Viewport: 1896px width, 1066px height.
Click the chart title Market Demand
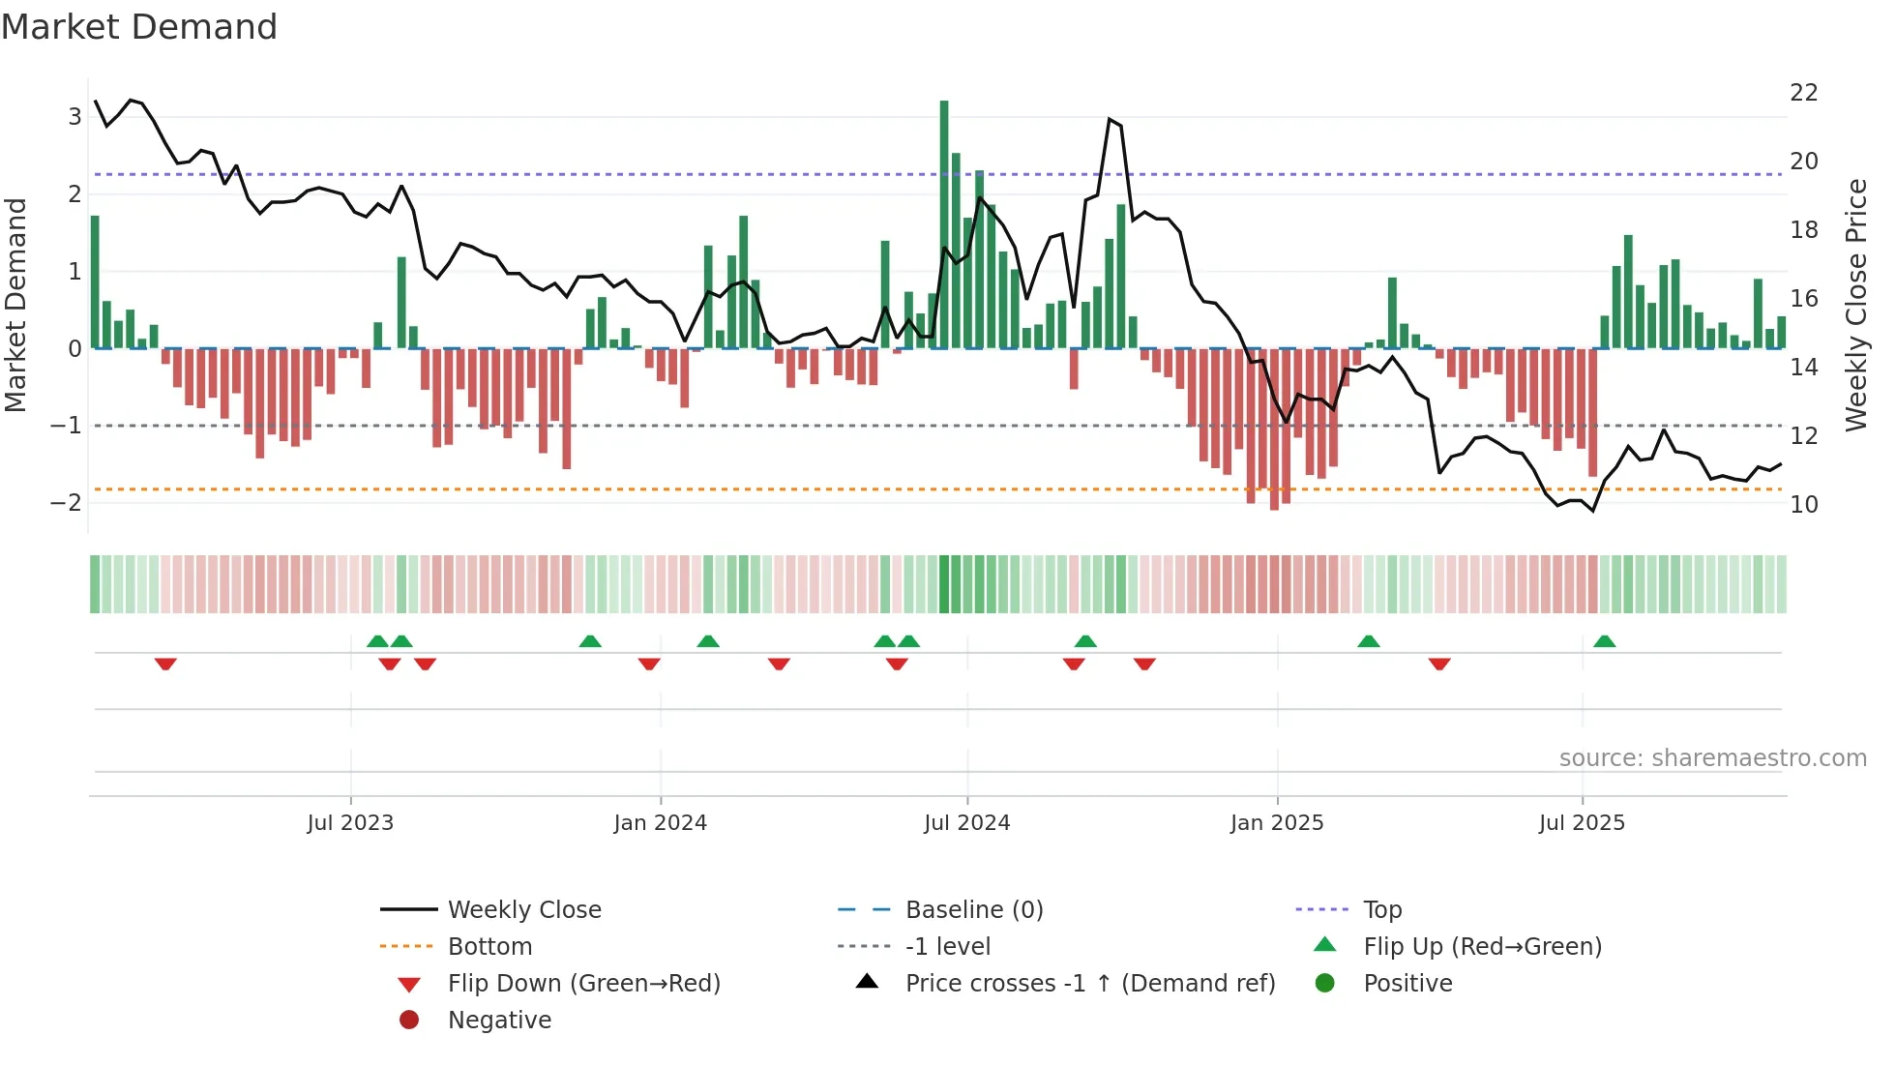click(x=139, y=27)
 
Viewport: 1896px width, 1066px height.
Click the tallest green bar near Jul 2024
click(x=944, y=224)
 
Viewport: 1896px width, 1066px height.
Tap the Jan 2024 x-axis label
click(x=660, y=823)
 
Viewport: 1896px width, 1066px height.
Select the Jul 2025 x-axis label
click(x=1582, y=823)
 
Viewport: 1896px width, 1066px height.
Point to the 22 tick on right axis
click(x=1803, y=93)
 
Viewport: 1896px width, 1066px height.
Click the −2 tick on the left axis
click(x=66, y=502)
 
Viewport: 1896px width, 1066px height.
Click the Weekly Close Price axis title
click(x=1855, y=305)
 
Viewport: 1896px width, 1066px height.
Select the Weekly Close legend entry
click(x=523, y=910)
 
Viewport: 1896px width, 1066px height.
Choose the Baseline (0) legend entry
click(x=973, y=910)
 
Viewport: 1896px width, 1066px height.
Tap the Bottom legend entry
click(x=489, y=947)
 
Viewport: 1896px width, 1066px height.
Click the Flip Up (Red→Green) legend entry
click(x=1481, y=947)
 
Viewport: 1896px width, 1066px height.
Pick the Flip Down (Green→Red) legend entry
click(x=583, y=984)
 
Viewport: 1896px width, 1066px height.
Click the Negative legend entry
click(x=499, y=1021)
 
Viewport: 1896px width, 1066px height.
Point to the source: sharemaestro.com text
click(x=1712, y=758)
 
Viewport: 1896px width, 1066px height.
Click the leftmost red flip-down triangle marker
click(x=165, y=664)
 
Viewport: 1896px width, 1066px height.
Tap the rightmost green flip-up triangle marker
click(x=1604, y=641)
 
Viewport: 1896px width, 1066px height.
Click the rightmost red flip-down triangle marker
click(x=1439, y=664)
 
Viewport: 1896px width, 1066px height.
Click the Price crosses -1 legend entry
click(x=1089, y=984)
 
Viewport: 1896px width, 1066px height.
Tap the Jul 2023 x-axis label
click(x=350, y=823)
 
